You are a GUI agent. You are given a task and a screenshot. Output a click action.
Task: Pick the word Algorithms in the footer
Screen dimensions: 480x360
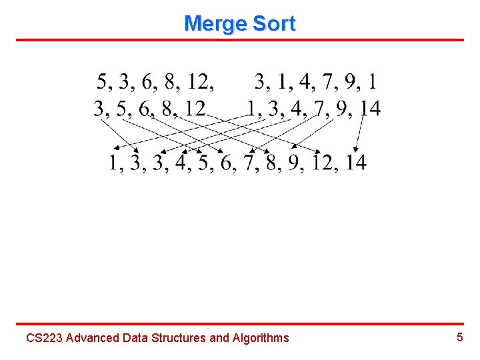click(261, 338)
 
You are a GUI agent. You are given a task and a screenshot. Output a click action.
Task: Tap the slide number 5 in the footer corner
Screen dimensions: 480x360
click(459, 337)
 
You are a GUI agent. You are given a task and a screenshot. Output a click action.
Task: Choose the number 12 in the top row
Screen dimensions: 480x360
click(200, 82)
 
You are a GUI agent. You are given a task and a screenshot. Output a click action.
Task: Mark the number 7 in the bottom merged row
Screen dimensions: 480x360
click(249, 162)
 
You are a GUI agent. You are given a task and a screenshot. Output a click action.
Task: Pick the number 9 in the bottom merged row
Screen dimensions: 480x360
click(295, 162)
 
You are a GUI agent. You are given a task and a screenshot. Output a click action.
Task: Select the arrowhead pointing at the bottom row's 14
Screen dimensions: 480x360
click(357, 149)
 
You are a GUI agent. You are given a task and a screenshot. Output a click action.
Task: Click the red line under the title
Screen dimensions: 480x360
click(240, 40)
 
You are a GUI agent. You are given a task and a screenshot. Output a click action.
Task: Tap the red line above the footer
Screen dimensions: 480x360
click(240, 324)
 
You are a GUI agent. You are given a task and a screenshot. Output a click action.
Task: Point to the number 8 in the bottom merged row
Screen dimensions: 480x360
click(272, 162)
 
